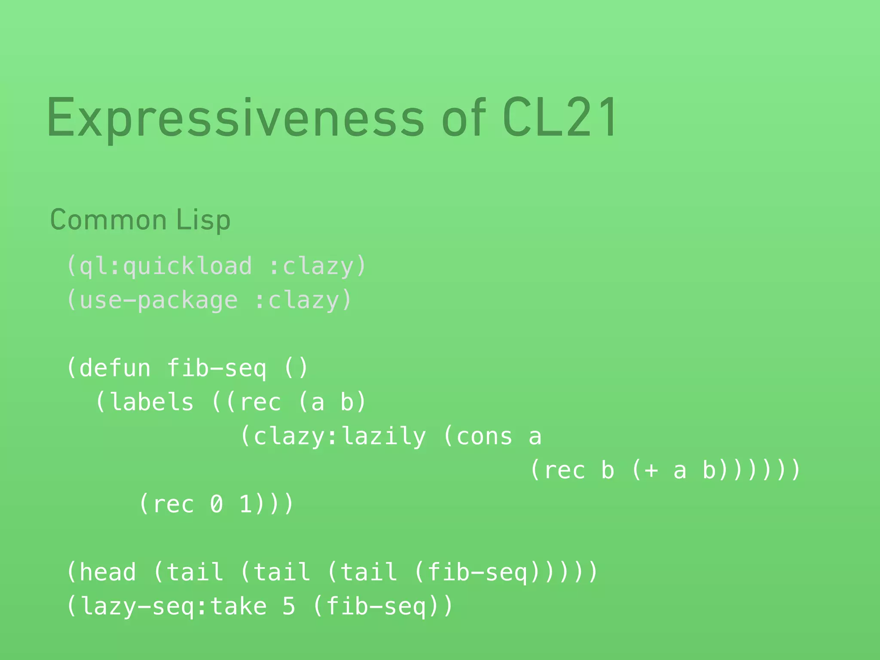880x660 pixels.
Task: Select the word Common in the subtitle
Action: [108, 220]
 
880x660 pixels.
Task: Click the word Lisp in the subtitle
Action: [203, 220]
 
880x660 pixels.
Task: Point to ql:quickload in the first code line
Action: [166, 266]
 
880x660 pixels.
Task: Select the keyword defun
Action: [115, 368]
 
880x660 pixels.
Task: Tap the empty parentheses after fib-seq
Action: [296, 368]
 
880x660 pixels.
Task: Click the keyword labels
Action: [152, 402]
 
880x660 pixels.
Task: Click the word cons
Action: [484, 437]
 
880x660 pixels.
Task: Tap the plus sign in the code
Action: [651, 470]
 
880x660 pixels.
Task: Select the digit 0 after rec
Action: [217, 504]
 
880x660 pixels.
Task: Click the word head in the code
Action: [108, 572]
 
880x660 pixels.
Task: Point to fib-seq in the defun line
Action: [217, 368]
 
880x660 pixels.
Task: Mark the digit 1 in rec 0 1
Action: [245, 504]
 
